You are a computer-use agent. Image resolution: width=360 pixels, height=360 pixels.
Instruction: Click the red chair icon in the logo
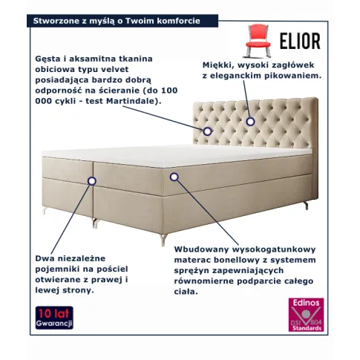coord(258,41)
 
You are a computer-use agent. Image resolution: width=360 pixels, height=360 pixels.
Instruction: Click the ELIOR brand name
coord(300,41)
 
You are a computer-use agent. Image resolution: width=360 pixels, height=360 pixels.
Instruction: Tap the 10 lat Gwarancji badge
coord(54,318)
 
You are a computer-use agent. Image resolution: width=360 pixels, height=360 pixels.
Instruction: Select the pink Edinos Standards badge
coord(306,315)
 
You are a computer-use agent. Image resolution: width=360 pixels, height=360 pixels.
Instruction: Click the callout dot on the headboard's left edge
coord(207,131)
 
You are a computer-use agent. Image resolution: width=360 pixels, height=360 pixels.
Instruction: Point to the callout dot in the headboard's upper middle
coord(250,122)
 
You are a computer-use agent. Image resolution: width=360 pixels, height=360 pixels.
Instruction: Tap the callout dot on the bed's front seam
coord(92,181)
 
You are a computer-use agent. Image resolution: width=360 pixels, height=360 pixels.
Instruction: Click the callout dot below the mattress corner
coord(174,177)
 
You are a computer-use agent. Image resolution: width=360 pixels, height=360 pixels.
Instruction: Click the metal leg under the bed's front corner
coord(163,239)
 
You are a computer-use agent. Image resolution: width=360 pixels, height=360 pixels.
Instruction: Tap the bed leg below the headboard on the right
coord(306,205)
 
